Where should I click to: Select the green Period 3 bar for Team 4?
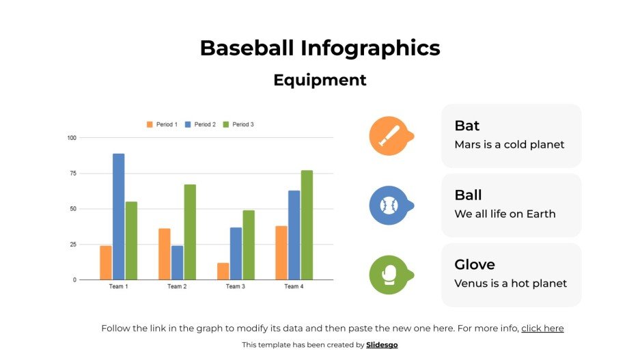pos(307,225)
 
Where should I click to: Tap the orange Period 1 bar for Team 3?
pos(223,271)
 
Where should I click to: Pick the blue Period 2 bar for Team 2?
pos(178,262)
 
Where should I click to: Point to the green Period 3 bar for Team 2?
pos(190,232)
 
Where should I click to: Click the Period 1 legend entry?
pos(162,124)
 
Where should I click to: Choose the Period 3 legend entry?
pos(238,124)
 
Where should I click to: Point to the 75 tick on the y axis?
pos(72,174)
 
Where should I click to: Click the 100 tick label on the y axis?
pos(71,138)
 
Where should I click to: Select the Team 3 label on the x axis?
pos(235,286)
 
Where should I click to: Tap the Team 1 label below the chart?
pos(118,286)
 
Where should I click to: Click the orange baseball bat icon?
pos(388,136)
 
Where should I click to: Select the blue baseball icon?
pos(388,205)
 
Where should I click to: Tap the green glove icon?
pos(388,275)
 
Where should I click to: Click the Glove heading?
pos(475,264)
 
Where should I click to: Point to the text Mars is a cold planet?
pos(510,145)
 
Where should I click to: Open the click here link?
pos(542,329)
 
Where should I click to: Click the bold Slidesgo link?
pos(382,345)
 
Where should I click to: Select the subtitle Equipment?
pos(320,80)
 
